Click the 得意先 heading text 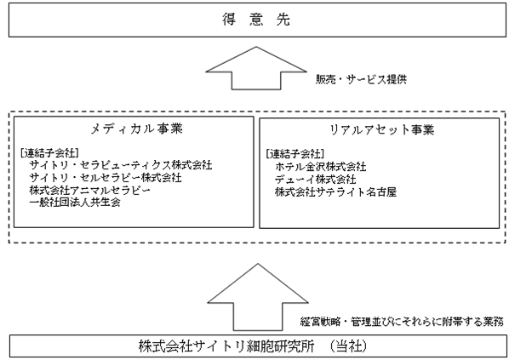(256, 20)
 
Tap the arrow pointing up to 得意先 (256, 68)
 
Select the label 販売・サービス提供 (361, 79)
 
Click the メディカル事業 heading (136, 129)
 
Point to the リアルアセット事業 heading (382, 130)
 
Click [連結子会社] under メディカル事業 (49, 153)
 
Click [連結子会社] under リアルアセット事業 (295, 153)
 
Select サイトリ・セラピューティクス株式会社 (121, 165)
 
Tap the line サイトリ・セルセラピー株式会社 (106, 178)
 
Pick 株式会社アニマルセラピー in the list (90, 190)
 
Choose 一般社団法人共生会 (75, 203)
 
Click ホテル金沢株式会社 (320, 167)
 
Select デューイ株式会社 (315, 180)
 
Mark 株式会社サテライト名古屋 (335, 191)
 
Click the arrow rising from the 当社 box (258, 297)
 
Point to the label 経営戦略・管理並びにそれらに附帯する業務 (402, 322)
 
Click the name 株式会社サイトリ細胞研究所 (226, 346)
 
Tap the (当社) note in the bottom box (349, 346)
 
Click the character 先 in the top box (283, 20)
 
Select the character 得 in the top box (229, 20)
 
